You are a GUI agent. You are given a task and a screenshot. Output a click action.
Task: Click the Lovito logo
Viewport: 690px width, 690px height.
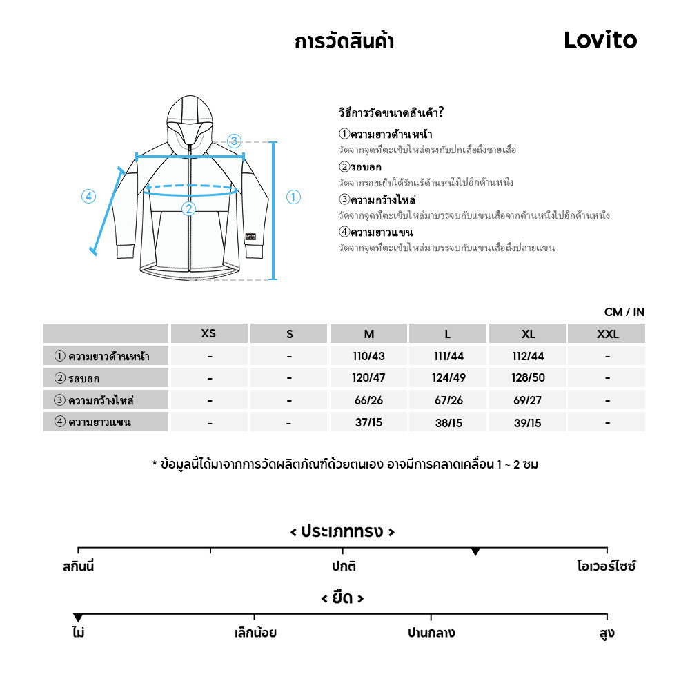(600, 40)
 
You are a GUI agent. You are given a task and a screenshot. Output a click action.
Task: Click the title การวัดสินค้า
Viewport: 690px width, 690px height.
(344, 41)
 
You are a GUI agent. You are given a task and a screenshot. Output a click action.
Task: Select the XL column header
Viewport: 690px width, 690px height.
(528, 334)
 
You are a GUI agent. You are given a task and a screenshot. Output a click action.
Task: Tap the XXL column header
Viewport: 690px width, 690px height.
(607, 334)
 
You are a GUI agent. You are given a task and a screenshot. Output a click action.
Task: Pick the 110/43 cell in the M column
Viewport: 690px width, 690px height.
(369, 356)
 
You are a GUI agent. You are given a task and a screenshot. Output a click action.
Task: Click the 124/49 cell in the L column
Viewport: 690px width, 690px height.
(448, 378)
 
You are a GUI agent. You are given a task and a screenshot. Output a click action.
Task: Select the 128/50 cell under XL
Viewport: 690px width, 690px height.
(528, 378)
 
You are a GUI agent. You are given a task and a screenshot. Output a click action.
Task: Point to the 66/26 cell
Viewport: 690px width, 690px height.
(369, 400)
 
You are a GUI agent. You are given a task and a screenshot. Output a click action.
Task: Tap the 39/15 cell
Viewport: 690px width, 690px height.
(528, 422)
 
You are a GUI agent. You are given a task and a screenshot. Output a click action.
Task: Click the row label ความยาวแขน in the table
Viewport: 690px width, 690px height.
(100, 422)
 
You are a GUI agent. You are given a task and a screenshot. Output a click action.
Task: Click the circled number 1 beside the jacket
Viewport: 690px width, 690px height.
(293, 197)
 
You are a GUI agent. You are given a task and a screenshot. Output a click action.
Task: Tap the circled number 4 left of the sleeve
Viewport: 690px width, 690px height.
(88, 197)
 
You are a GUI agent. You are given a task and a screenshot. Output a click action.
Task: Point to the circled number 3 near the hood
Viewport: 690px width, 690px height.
(234, 141)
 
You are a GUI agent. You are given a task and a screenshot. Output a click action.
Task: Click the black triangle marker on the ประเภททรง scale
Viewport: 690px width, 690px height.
(475, 551)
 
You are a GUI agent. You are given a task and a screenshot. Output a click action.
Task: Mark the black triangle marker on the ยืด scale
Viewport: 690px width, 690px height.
(78, 618)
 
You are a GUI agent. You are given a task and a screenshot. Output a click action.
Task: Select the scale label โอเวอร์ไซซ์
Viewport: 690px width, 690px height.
(606, 567)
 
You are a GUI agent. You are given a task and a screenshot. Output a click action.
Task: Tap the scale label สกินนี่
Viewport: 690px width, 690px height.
(78, 567)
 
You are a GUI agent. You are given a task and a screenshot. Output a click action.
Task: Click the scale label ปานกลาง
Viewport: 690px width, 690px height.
(431, 633)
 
